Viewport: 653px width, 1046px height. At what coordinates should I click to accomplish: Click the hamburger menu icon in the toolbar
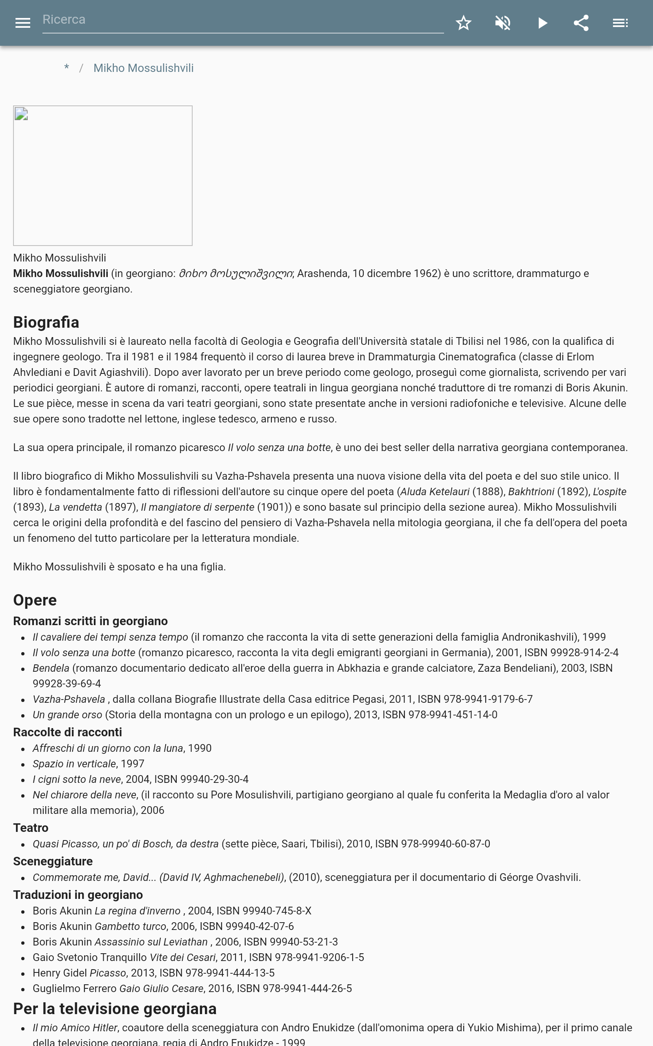[22, 23]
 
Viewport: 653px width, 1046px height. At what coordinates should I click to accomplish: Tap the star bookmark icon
[463, 23]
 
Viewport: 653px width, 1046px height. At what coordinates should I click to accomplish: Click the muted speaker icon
[503, 23]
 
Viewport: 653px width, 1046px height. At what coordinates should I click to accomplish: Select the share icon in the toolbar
[581, 23]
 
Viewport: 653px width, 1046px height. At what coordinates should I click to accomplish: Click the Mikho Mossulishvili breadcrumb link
[143, 68]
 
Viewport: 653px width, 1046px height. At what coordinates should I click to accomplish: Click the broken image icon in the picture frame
[21, 114]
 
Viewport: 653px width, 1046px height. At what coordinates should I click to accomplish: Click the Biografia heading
[46, 322]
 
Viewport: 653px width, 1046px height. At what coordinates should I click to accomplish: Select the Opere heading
[35, 600]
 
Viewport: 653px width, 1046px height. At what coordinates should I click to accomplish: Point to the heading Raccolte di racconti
[67, 732]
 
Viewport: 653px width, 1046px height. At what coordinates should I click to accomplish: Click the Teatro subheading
[31, 828]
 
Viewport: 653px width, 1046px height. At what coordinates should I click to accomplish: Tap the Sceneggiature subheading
[53, 861]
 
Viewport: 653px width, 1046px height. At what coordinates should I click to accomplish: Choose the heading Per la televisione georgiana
[114, 1009]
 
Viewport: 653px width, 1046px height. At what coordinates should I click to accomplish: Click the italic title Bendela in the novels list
[51, 668]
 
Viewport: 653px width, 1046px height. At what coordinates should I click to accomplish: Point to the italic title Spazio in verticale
[74, 764]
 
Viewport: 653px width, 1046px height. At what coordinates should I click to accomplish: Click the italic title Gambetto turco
[131, 926]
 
